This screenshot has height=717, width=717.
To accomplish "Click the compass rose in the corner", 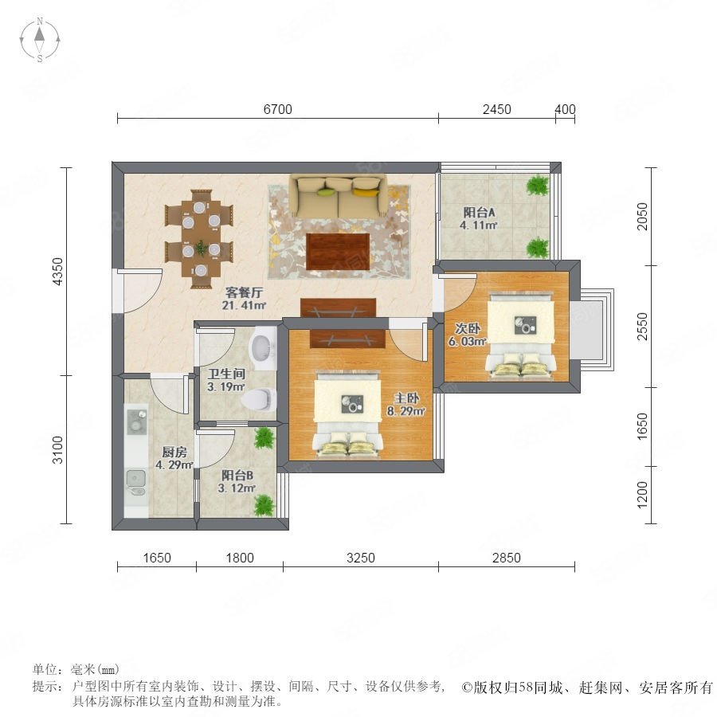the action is click(40, 40).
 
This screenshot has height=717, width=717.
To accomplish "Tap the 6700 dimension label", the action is click(277, 109).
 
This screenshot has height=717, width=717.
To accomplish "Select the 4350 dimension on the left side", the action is click(57, 271).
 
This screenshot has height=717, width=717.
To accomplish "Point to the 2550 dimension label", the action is click(642, 326).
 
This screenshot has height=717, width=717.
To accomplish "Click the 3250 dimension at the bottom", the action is click(361, 558).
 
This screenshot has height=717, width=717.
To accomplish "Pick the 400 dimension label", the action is click(565, 109).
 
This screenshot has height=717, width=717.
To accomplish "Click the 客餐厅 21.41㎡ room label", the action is click(245, 299).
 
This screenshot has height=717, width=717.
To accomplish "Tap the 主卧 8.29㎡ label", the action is click(406, 405).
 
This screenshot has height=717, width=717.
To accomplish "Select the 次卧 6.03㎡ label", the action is click(468, 335).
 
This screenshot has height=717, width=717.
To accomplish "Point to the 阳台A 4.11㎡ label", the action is click(478, 218).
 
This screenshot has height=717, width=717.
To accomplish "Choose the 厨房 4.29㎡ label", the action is click(174, 459).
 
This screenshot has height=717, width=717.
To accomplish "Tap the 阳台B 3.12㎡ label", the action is click(237, 482).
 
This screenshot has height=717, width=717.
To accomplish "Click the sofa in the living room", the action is click(338, 197).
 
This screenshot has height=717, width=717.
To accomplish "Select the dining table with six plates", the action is click(200, 240).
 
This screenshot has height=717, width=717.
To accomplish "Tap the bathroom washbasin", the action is click(262, 347).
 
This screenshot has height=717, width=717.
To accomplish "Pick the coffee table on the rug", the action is click(338, 252).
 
